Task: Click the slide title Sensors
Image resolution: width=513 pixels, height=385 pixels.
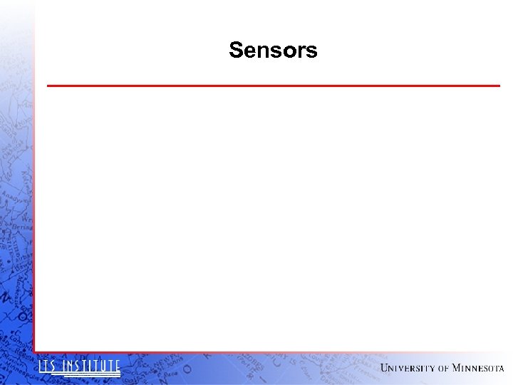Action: tap(273, 51)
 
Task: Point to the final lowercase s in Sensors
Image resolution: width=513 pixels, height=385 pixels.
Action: tap(312, 52)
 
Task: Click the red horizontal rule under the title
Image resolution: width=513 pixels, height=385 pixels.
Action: tap(273, 86)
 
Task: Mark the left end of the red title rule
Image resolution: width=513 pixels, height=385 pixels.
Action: tap(48, 86)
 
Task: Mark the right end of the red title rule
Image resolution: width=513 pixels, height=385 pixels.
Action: tap(499, 86)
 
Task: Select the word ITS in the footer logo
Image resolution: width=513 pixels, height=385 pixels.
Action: tap(47, 366)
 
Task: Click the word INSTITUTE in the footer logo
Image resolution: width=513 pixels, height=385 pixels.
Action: tap(90, 366)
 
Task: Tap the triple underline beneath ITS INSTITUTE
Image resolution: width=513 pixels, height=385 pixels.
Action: tap(79, 374)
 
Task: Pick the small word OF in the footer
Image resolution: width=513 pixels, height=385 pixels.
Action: tap(443, 369)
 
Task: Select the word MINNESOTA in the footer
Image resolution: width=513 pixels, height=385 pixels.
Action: tap(478, 368)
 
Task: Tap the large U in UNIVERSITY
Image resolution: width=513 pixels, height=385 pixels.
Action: tap(385, 368)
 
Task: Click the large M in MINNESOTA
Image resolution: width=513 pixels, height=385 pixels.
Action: tap(457, 368)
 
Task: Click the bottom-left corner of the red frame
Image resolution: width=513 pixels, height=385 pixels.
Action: tap(34, 351)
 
